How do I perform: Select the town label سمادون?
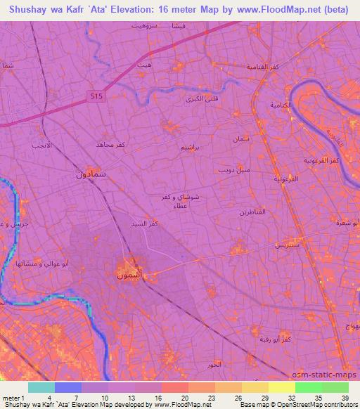[x=91, y=174]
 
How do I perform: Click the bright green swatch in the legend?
[x=308, y=387]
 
